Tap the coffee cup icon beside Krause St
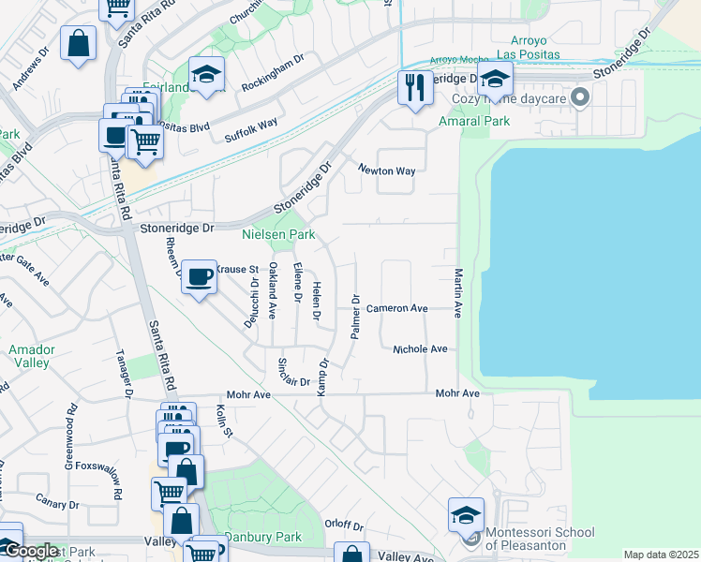[199, 277]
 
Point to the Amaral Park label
[474, 122]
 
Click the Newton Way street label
[385, 170]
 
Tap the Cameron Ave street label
[396, 308]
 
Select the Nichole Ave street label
[420, 349]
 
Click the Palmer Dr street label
[355, 318]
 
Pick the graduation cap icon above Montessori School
[466, 514]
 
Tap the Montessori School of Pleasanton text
[539, 540]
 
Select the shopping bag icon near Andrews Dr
[79, 43]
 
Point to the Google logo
[29, 551]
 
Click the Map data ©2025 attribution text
[660, 555]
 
